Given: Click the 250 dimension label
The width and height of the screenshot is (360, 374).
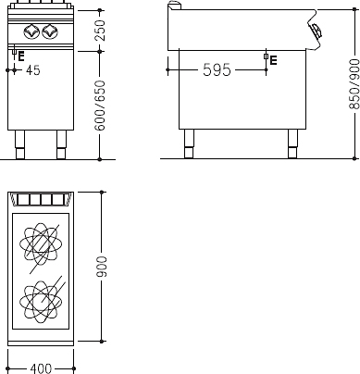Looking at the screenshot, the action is [x=100, y=31].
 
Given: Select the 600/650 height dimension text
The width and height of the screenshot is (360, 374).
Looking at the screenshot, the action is [x=100, y=106].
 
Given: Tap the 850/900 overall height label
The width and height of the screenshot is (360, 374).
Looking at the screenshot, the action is [x=354, y=84].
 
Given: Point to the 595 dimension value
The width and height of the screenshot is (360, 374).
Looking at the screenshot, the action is [x=217, y=70].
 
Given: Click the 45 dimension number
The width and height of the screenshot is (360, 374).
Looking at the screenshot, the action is [x=33, y=70].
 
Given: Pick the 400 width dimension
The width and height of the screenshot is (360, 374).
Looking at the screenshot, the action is [x=41, y=368].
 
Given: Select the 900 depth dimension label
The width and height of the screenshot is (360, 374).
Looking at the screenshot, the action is [x=102, y=267].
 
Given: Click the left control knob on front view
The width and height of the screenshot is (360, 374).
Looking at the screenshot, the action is [x=31, y=31].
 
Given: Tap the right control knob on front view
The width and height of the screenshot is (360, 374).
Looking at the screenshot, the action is [x=50, y=31].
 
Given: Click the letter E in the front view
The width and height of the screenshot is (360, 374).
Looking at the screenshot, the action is [x=21, y=56].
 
